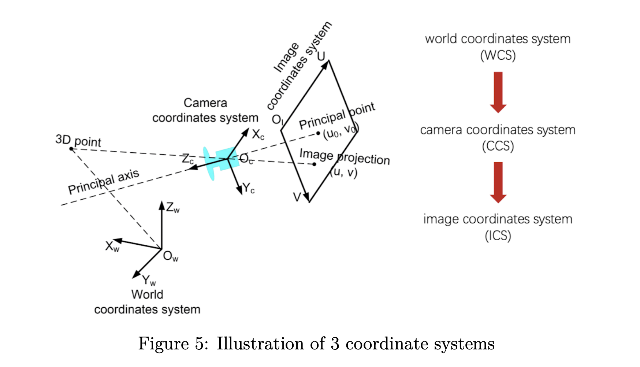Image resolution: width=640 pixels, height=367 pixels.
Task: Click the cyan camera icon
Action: (222, 162)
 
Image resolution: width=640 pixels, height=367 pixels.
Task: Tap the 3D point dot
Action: (71, 149)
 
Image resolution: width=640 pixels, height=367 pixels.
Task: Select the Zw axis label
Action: (172, 208)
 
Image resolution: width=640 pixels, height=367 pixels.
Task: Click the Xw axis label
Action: (112, 246)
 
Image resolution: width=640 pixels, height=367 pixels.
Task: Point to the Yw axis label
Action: (149, 281)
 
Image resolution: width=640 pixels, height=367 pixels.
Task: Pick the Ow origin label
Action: (170, 256)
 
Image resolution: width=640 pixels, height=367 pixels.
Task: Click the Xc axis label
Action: (258, 135)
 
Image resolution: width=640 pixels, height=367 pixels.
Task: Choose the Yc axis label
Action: (249, 189)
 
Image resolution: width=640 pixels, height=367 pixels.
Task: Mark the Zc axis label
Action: (188, 159)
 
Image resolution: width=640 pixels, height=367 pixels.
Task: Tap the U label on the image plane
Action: (321, 56)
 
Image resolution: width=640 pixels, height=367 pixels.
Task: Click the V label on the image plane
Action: (297, 197)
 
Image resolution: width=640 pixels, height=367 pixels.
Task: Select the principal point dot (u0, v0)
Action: (318, 133)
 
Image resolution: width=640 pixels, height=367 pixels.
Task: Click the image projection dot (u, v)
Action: (314, 164)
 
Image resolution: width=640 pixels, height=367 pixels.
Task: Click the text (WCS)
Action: (498, 55)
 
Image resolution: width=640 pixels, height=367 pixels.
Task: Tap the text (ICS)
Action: (498, 236)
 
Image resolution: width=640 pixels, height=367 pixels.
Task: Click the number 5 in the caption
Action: (200, 344)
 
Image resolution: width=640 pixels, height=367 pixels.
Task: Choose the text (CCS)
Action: (498, 146)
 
